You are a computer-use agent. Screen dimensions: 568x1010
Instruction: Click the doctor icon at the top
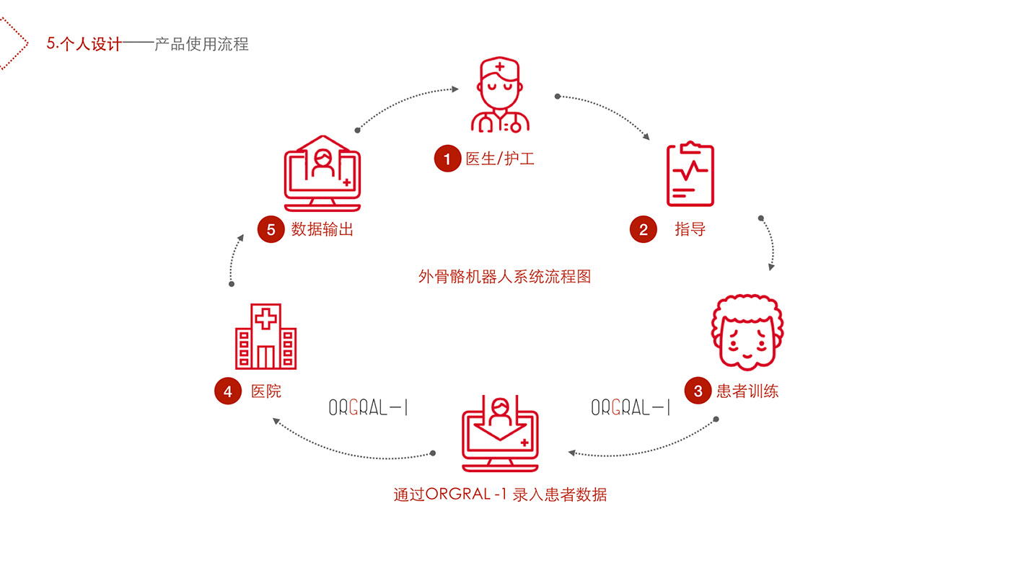500,96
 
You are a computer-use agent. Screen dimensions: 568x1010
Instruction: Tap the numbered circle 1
447,159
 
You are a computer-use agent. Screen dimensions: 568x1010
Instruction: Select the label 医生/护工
500,159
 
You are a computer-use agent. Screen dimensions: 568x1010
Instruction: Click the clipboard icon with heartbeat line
690,174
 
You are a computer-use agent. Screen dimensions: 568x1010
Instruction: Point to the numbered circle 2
644,230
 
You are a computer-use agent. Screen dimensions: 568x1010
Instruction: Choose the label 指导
690,230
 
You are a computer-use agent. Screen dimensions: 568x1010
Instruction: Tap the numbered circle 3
698,391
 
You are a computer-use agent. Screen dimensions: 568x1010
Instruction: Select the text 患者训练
747,391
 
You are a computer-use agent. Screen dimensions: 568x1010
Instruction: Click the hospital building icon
265,337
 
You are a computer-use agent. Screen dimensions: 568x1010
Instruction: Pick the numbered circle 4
228,391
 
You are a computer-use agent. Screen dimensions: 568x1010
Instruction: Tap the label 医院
266,391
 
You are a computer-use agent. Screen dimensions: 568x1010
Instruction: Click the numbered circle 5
271,230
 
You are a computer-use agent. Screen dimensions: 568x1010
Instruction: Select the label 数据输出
322,230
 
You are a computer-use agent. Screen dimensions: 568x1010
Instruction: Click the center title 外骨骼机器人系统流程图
504,276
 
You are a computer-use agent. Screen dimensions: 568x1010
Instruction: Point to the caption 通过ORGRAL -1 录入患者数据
500,495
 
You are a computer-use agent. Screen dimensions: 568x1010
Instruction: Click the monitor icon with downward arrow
500,433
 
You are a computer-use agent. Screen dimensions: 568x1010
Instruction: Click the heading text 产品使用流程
201,44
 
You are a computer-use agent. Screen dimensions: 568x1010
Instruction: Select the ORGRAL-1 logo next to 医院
368,408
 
